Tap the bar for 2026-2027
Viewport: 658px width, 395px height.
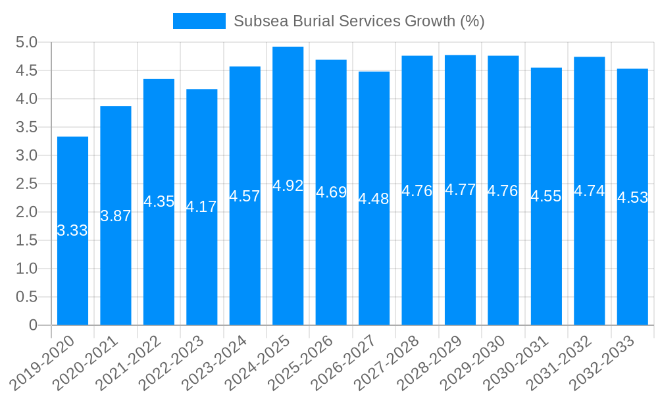pos(374,263)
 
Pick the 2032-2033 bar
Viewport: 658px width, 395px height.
pos(632,263)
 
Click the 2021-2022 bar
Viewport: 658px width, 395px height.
pos(159,263)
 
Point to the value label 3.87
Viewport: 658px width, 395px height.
pos(116,216)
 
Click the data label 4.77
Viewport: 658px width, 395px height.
pos(460,190)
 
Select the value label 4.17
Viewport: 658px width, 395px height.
pos(201,207)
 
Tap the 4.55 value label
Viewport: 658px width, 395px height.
pos(546,196)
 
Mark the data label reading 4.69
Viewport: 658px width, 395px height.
pos(331,192)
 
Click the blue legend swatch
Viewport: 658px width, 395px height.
pos(199,21)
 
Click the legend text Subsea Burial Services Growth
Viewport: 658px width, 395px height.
pos(359,21)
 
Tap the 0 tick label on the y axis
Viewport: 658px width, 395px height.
pos(34,325)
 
